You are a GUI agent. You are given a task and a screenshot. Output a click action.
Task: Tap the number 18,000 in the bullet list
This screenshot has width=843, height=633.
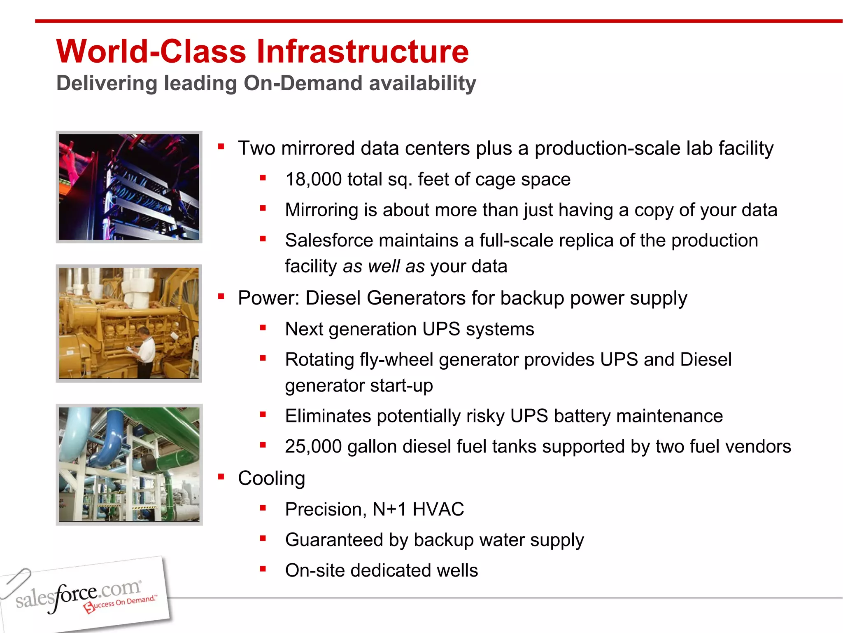click(313, 180)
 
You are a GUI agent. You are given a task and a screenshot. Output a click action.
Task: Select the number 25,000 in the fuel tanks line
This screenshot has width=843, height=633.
click(313, 447)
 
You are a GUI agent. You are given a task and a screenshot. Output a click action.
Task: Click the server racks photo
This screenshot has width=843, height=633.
click(129, 187)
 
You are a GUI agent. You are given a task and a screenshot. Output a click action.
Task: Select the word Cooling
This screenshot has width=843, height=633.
click(271, 478)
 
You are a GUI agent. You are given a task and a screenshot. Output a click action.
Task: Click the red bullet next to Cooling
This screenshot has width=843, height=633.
click(221, 477)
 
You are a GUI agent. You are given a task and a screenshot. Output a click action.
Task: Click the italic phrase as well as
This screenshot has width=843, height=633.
click(383, 267)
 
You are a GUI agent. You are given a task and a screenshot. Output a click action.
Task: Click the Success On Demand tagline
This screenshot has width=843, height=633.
click(121, 604)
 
